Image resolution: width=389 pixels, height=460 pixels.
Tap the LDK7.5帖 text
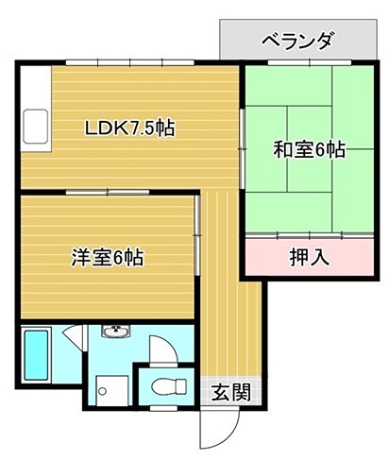tap(129, 128)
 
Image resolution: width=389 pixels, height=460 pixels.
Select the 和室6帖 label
tap(309, 149)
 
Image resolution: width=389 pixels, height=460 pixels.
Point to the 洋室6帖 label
tap(109, 256)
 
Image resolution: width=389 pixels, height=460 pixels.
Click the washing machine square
tap(110, 388)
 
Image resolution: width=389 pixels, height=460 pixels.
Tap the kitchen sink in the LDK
tap(38, 122)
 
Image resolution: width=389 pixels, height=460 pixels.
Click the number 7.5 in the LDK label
tap(144, 128)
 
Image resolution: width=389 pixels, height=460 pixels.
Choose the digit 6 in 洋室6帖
tap(120, 256)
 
